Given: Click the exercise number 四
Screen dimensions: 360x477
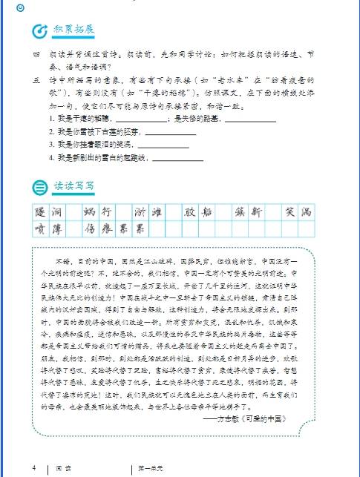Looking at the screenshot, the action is pyautogui.click(x=35, y=54).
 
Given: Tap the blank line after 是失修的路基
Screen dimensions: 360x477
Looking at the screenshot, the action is pyautogui.click(x=250, y=119).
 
